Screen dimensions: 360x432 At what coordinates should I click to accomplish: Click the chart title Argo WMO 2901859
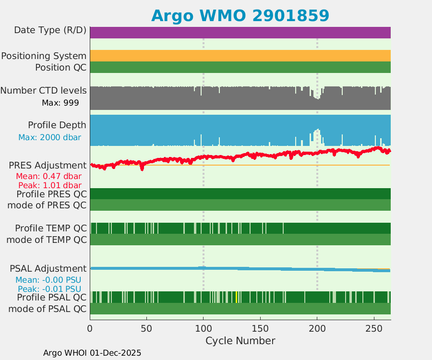point(240,15)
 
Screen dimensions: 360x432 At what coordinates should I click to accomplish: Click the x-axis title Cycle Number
point(240,341)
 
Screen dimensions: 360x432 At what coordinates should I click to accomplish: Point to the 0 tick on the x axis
point(90,328)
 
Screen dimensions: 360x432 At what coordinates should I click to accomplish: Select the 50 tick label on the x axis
point(146,328)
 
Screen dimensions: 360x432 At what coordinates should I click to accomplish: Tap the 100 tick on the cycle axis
point(203,328)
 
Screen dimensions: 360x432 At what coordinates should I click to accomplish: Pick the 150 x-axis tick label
point(260,328)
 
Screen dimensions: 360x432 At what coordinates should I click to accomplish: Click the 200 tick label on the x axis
point(317,328)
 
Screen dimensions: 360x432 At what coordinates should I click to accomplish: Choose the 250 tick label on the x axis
point(373,328)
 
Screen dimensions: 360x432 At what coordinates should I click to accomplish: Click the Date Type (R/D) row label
point(50,30)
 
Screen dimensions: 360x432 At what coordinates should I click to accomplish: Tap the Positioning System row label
point(44,56)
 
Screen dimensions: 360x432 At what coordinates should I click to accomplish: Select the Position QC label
point(60,67)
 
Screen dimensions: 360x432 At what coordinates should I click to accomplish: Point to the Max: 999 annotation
point(60,102)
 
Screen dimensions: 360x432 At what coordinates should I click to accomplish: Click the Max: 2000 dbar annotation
point(49,137)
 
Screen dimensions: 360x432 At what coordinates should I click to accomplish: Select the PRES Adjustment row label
point(48,165)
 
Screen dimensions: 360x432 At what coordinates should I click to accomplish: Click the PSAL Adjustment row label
point(48,268)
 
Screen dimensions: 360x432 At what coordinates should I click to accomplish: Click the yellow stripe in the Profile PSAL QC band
point(237,297)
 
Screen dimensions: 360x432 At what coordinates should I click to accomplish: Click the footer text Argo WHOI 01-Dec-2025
point(92,353)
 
